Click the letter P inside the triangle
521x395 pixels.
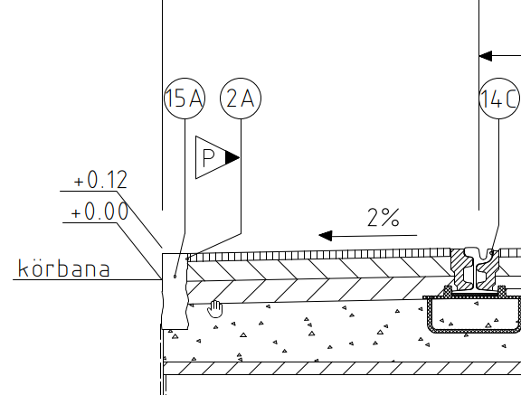pyautogui.click(x=208, y=157)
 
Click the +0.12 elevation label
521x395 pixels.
pyautogui.click(x=100, y=180)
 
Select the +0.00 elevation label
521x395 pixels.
pyautogui.click(x=99, y=212)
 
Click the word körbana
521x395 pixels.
pyautogui.click(x=64, y=268)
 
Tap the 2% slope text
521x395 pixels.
pyautogui.click(x=384, y=218)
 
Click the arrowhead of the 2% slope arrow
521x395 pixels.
pyautogui.click(x=326, y=236)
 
